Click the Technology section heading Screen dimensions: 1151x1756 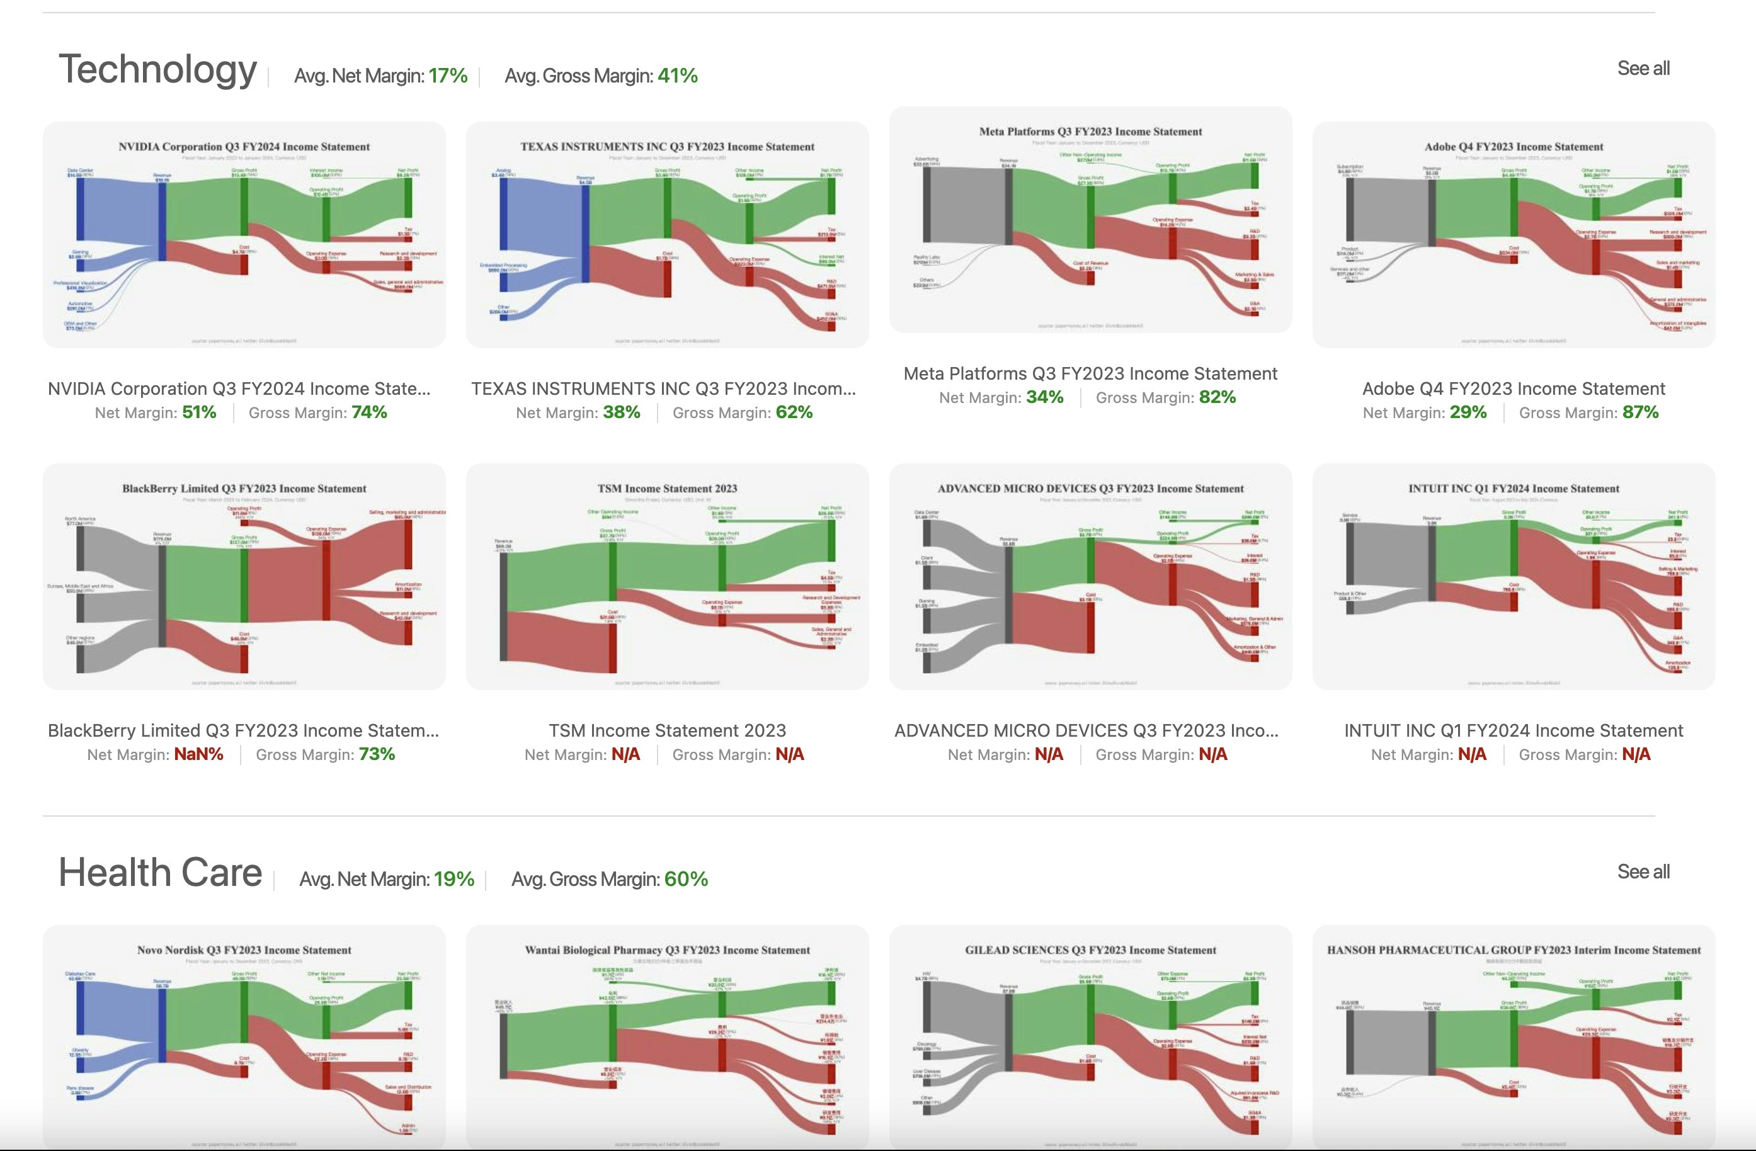(157, 69)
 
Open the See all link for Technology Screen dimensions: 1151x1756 (1643, 69)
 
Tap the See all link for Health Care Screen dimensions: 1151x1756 (1643, 872)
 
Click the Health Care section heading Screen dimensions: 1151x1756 (160, 873)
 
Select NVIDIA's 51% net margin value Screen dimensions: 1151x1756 (199, 412)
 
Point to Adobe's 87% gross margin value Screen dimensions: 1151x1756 (1640, 412)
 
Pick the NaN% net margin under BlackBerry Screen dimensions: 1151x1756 (198, 755)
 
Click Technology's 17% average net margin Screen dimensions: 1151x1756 (448, 76)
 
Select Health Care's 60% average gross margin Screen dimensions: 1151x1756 (685, 880)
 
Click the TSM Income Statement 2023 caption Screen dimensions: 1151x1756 (667, 730)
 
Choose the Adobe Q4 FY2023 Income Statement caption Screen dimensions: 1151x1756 (1514, 389)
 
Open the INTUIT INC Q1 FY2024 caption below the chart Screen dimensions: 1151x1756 (1514, 730)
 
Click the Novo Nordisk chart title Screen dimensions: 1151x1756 (244, 950)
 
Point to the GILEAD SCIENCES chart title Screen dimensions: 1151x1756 (1090, 950)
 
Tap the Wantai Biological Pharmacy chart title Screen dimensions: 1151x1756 (667, 950)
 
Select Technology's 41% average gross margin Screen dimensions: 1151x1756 (677, 76)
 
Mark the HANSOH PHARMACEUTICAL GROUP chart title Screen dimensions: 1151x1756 (1514, 950)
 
